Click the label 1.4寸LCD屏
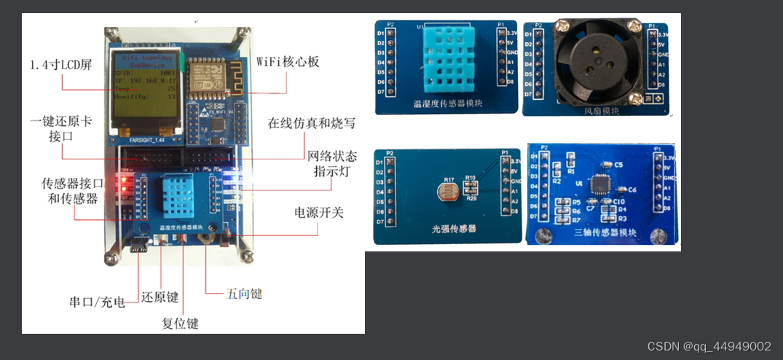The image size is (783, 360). [x=61, y=65]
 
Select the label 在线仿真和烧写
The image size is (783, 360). [x=312, y=123]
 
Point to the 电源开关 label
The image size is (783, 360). [x=318, y=213]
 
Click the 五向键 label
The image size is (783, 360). [x=244, y=294]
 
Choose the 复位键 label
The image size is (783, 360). [x=180, y=323]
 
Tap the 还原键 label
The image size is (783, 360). [x=160, y=298]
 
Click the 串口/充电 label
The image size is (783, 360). [x=98, y=302]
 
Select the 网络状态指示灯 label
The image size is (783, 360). [x=332, y=163]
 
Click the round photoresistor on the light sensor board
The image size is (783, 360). [x=444, y=192]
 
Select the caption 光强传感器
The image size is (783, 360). [x=449, y=229]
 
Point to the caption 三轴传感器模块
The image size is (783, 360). [x=606, y=233]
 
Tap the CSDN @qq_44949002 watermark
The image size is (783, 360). [x=709, y=346]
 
